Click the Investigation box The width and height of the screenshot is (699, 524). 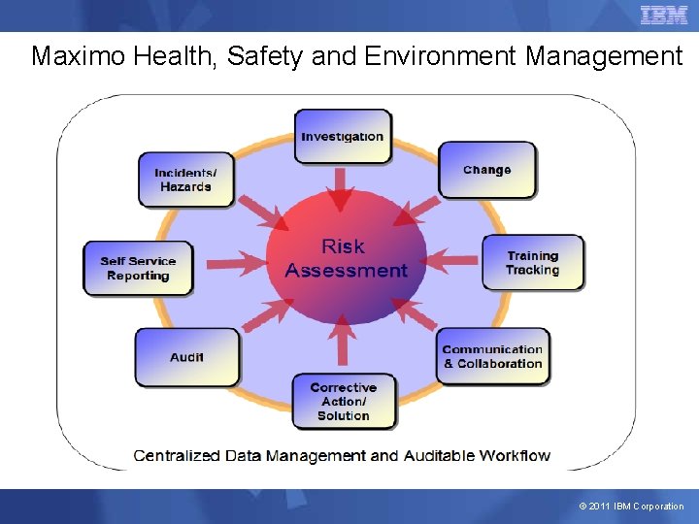click(x=343, y=136)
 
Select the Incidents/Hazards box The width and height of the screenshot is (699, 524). click(x=185, y=180)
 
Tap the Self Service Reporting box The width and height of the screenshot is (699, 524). click(x=138, y=268)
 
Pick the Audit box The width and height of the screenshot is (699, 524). click(x=186, y=357)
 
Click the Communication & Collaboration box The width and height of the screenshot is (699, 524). click(x=492, y=356)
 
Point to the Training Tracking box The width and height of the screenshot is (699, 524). click(x=532, y=263)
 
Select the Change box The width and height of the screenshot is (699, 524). click(x=486, y=170)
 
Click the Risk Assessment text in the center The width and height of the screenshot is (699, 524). click(x=346, y=258)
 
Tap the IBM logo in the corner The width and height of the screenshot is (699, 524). click(x=663, y=16)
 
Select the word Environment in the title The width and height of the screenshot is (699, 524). click(x=441, y=56)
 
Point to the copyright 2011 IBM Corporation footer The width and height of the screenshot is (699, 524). click(x=631, y=507)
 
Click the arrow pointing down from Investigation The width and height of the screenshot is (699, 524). click(x=340, y=189)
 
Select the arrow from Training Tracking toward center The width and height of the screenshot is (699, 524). click(x=451, y=259)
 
